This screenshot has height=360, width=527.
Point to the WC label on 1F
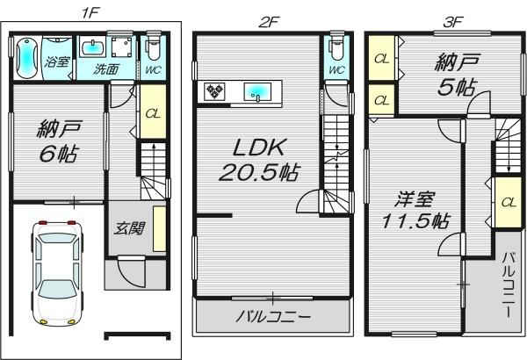152,68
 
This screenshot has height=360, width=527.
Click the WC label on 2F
336,69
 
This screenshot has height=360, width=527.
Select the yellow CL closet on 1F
151,113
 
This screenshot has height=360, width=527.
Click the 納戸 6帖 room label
58,140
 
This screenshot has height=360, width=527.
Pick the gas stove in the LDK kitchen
215,90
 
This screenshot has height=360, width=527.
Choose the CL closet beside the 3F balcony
508,201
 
